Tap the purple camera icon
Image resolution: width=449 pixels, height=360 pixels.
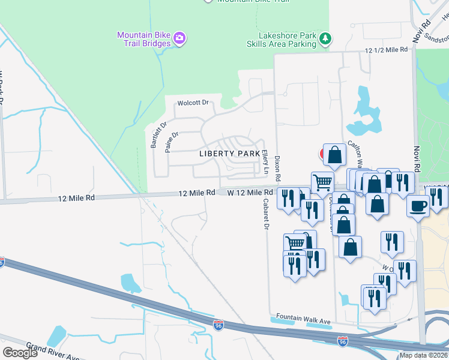coord(179,40)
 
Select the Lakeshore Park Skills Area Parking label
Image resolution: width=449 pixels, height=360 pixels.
coord(282,40)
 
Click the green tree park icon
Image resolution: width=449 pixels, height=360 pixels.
coord(325,39)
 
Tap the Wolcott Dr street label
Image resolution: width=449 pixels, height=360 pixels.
coord(192,103)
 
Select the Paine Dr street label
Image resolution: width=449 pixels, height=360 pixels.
coord(172,142)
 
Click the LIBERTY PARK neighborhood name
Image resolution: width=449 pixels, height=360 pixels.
coord(229,154)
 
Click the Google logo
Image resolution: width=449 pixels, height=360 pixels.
coord(20,352)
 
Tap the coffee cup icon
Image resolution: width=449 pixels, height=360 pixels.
coord(418,205)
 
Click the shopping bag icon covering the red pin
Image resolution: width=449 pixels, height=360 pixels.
coord(334,154)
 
